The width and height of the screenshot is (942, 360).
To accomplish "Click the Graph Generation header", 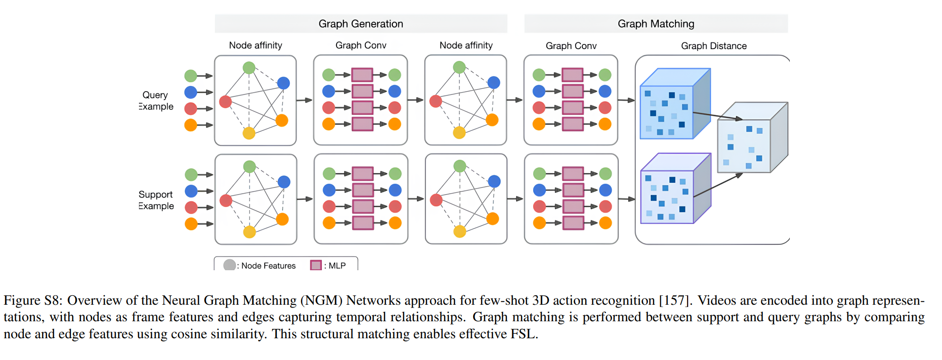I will click(x=361, y=24).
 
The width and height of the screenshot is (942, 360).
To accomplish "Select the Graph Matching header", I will click(x=656, y=24).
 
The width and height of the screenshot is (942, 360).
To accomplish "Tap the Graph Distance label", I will click(x=714, y=46).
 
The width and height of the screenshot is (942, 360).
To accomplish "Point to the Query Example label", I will click(x=156, y=101).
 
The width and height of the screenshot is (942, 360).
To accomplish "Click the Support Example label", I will click(x=156, y=200).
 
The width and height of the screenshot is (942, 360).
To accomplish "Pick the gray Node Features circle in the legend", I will click(x=230, y=265).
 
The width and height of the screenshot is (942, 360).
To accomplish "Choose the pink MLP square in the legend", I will click(x=316, y=265).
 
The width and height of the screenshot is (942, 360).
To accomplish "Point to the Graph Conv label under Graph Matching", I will click(x=571, y=46).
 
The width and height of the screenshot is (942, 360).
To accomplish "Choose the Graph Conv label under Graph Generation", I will click(x=361, y=45).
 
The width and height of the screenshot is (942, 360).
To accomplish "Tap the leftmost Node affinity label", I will click(x=255, y=45).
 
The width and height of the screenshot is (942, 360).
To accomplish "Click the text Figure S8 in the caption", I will click(x=33, y=300).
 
